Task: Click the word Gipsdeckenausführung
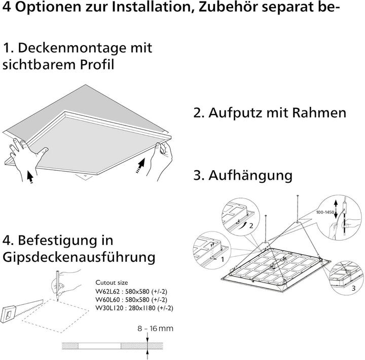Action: coord(79,257)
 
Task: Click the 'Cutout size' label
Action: coord(112,283)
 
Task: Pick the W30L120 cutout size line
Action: coord(134,308)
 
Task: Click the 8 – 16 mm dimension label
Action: coord(155,329)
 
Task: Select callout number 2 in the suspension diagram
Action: coord(250,226)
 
